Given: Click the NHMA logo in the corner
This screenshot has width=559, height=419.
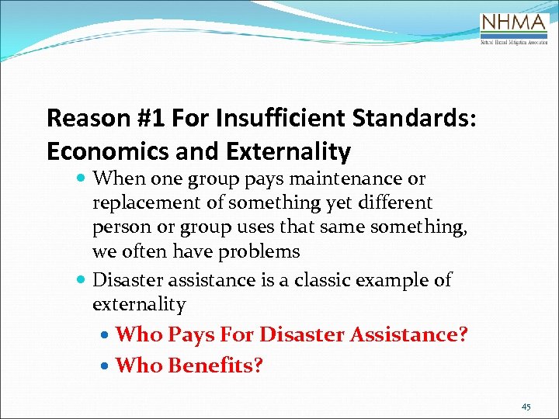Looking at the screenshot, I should [514, 29].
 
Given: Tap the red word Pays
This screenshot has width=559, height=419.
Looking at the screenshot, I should [193, 334].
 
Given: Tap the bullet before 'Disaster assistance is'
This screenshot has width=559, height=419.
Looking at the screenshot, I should [82, 280].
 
